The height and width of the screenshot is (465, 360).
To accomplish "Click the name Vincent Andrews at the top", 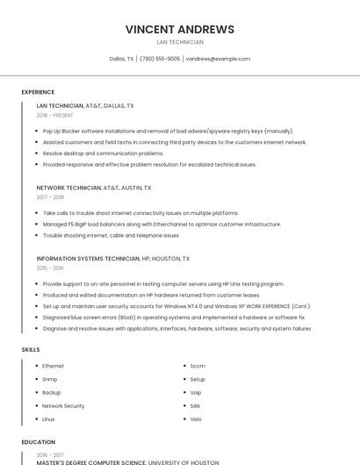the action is [180, 29].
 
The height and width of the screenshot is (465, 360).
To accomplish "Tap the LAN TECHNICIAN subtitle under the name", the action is [180, 42].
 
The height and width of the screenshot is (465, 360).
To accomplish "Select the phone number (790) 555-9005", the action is [160, 59].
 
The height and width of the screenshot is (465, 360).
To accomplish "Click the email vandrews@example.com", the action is [218, 59].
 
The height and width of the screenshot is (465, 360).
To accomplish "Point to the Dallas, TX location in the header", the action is [121, 59].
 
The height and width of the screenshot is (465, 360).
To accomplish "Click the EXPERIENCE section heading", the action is [38, 91].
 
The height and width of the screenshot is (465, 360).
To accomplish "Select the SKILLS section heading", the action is [31, 349].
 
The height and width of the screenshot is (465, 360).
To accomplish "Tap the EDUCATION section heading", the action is [38, 442].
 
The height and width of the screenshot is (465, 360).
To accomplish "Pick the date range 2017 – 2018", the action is [50, 197].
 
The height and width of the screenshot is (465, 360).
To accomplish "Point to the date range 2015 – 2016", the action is [50, 268].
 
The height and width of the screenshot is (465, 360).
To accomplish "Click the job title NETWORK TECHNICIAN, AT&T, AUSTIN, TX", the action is [94, 188].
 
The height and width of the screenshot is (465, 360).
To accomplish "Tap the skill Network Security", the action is [63, 406].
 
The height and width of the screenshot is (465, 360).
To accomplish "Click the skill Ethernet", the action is [53, 366].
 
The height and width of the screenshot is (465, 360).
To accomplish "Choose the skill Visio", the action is [196, 419].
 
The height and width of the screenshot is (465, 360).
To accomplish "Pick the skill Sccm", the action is [198, 366].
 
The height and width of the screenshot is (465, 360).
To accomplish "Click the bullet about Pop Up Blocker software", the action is [168, 131].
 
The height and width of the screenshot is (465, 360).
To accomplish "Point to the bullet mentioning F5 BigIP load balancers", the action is [162, 224].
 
